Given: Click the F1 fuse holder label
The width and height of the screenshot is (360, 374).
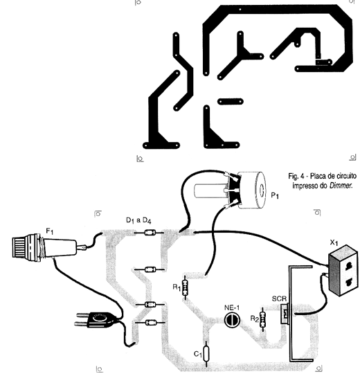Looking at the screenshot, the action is click(50, 231).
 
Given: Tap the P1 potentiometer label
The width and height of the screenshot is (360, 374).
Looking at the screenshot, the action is click(275, 195).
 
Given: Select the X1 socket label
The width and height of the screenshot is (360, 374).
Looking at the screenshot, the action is click(334, 242).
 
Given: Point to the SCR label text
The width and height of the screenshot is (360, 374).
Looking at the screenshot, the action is click(279, 299).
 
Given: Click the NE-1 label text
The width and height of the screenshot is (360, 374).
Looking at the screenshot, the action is click(232, 308).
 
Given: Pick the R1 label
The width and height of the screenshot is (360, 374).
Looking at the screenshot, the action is click(177, 287).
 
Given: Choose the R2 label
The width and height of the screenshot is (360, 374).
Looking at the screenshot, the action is click(254, 319).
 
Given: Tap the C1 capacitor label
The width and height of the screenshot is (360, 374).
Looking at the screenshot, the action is click(198, 354).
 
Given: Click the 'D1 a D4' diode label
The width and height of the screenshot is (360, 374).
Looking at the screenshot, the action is click(138, 221).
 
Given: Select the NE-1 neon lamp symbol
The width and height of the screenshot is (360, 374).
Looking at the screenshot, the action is click(232, 320).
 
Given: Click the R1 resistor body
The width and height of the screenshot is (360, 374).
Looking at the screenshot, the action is click(185, 288).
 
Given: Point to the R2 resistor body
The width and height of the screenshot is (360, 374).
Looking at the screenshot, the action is click(263, 320).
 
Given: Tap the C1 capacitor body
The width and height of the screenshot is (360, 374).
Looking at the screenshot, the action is click(206, 353).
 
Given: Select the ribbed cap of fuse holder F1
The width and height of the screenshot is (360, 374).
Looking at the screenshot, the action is click(20, 247).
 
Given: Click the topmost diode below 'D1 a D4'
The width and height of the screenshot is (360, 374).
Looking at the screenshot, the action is click(150, 232).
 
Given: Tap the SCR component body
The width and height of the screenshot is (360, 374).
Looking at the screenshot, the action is click(285, 314).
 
